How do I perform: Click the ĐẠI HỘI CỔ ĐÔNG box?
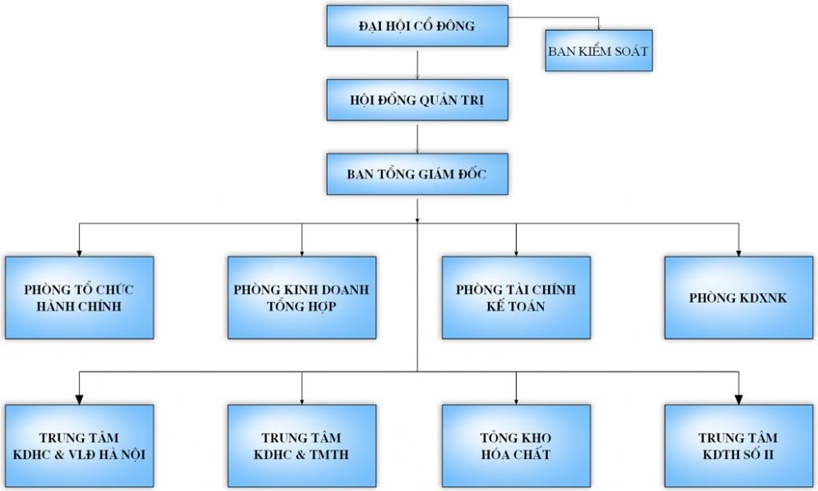click(417, 26)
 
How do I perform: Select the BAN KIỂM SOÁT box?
click(598, 50)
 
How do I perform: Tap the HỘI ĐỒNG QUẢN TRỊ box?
click(417, 100)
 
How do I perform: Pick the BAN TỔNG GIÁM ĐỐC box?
click(417, 173)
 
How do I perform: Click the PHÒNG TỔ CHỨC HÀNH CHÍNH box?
click(79, 297)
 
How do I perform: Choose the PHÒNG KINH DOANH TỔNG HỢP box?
click(301, 297)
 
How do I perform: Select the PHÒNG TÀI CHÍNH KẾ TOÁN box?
click(516, 297)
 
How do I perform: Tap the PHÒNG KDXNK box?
click(738, 297)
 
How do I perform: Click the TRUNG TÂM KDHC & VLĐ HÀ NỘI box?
click(79, 446)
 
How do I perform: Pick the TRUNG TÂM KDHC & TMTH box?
click(301, 446)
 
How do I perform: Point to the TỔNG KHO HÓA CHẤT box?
click(516, 446)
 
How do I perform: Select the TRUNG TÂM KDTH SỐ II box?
click(738, 446)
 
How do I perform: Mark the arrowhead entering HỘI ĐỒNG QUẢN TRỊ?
click(418, 76)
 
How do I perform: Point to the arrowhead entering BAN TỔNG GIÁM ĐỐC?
click(418, 150)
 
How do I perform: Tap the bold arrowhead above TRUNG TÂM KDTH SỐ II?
click(738, 398)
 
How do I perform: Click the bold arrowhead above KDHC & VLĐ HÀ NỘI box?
click(79, 398)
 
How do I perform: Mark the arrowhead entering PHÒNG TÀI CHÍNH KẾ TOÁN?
click(516, 252)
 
